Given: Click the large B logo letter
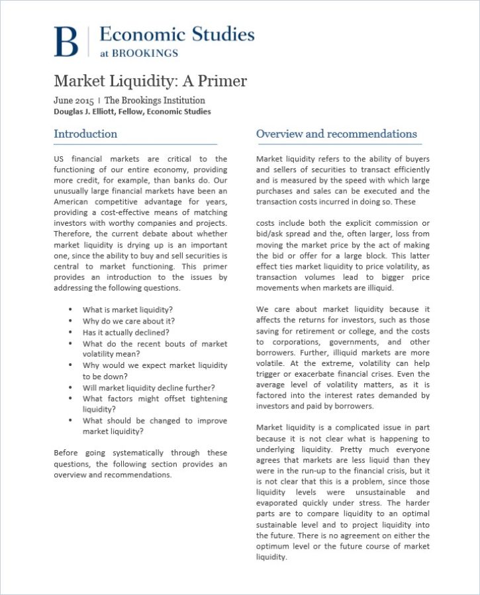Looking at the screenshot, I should (x=66, y=41).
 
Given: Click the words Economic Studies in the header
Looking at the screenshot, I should (x=177, y=34).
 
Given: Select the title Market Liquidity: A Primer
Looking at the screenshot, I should (x=150, y=81).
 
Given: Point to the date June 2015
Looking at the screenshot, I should (x=73, y=101).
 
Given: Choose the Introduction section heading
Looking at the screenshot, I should (x=85, y=134).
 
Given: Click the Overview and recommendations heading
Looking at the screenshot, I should (x=336, y=134).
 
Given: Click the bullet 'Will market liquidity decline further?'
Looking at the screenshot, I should (x=149, y=387).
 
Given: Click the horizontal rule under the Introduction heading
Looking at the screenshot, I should (x=135, y=144).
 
